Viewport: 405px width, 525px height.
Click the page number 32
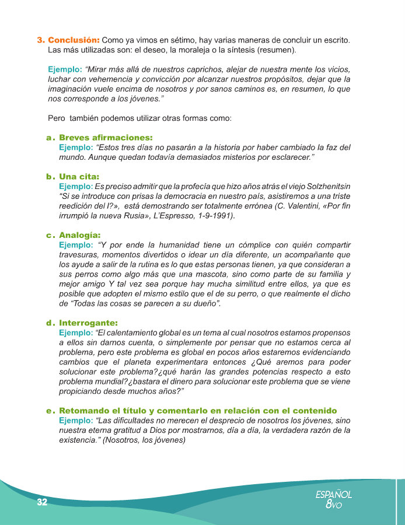tap(41, 503)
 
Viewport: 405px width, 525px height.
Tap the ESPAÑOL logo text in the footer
tap(333, 495)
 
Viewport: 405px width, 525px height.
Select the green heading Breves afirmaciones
tap(106, 138)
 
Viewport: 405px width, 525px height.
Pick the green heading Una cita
tap(79, 176)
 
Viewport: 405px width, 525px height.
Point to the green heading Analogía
tap(79, 235)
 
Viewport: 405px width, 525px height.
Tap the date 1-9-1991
tap(213, 216)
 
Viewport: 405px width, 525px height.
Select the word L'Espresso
tap(166, 216)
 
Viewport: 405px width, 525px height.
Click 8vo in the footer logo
tap(334, 505)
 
